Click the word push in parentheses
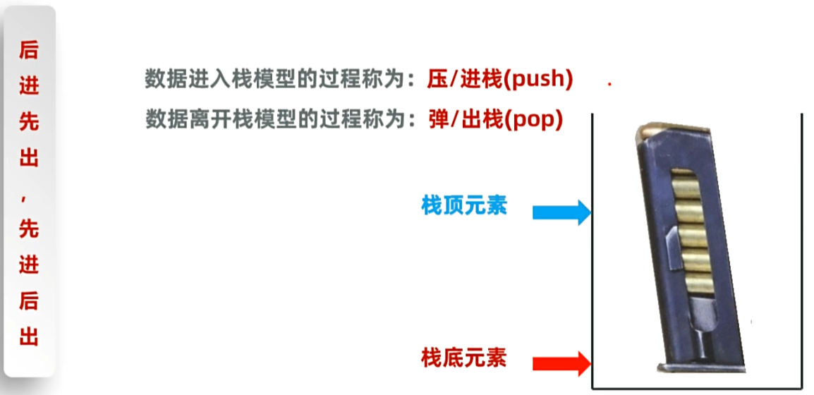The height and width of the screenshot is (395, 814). (541, 80)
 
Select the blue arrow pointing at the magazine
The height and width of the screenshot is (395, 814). (561, 212)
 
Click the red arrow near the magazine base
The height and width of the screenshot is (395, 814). (561, 363)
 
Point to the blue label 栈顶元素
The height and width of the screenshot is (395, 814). (464, 207)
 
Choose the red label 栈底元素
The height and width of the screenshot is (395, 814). (464, 358)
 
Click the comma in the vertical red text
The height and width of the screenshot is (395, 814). (28, 200)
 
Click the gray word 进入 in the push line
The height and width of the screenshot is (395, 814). (209, 80)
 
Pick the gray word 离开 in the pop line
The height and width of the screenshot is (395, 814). (209, 120)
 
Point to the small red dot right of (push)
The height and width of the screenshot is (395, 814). (609, 85)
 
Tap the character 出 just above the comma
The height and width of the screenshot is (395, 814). (29, 159)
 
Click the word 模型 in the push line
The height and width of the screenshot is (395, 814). (290, 80)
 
